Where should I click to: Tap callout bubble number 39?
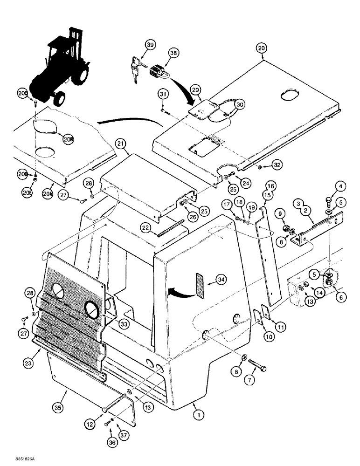pos(150,45)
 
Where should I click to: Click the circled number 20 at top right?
pos(261,48)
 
